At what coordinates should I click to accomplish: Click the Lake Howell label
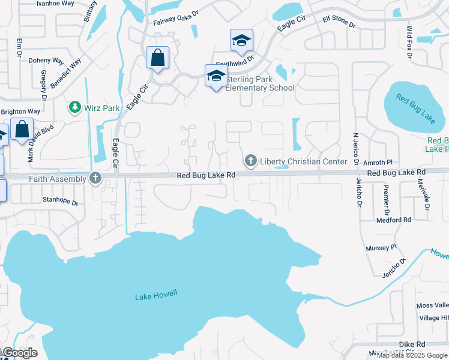pos(157,295)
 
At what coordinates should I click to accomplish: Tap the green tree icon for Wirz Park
pos(75,107)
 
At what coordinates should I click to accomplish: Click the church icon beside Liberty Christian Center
pos(250,161)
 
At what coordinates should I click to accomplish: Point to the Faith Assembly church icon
pos(95,178)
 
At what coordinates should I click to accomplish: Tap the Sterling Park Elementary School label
pos(260,83)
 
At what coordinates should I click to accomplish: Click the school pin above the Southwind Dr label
pos(241,41)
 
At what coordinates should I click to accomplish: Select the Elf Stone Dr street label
pos(340,21)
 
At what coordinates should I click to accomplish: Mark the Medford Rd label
pos(393,220)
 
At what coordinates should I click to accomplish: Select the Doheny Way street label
pos(46,61)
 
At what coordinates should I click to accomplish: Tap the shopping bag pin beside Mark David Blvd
pos(22,130)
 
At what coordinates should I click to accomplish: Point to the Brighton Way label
pos(20,112)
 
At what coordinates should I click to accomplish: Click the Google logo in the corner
pos(20,353)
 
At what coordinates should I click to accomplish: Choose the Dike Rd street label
pos(412,344)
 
